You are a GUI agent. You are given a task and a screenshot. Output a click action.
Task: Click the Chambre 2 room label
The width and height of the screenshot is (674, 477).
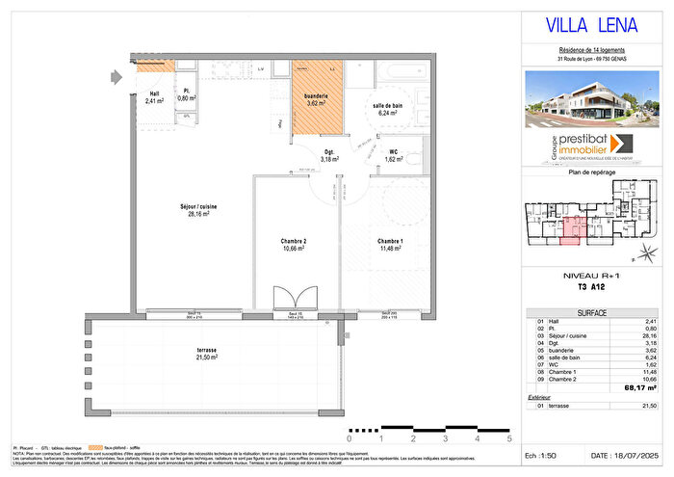(x=289, y=245)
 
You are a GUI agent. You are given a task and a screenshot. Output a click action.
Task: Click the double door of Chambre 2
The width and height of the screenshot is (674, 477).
(x=289, y=300)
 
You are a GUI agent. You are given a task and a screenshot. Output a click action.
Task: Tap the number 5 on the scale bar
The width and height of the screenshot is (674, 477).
(x=508, y=439)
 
